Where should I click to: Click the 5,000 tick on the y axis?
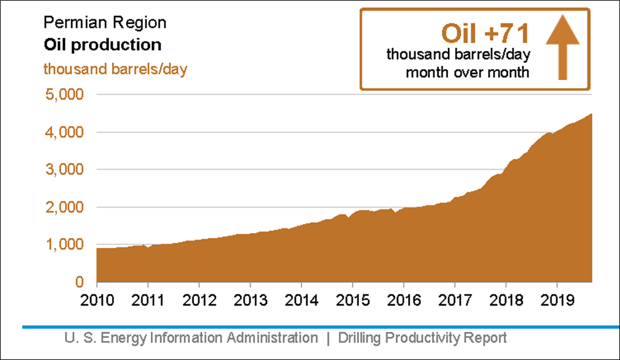[64, 96]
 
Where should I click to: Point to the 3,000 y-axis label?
[64, 170]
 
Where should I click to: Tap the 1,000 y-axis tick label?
[64, 245]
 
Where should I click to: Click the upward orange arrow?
[562, 50]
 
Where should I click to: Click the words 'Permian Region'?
[105, 23]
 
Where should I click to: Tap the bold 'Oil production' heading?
[103, 45]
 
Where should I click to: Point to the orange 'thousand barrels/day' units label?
[115, 68]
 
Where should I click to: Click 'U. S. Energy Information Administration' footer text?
[191, 337]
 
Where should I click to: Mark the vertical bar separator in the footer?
[328, 337]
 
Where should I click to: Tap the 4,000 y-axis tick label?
[64, 133]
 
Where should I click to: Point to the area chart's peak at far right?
[590, 115]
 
